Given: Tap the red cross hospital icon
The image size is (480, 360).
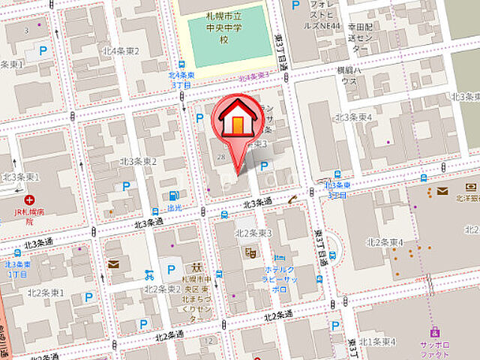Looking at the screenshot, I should [28, 200].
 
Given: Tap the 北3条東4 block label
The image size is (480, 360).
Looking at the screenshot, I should [354, 117].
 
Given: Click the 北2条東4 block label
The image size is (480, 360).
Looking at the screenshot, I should [385, 241].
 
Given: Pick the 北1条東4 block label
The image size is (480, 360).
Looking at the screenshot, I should [376, 342].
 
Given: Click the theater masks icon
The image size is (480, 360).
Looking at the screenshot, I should [250, 253].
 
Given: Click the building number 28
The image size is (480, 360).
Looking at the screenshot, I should [220, 156].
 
